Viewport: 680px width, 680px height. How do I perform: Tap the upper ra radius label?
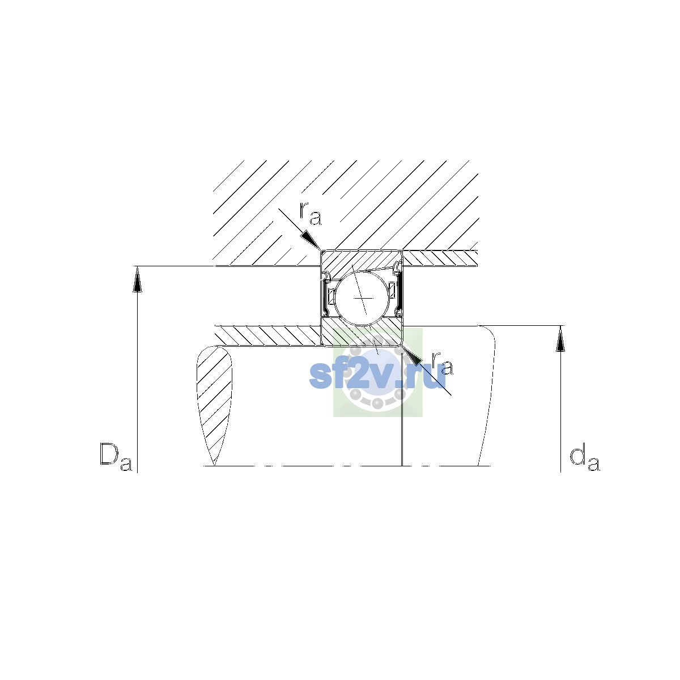tap(311, 214)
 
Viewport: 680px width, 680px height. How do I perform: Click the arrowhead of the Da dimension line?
tap(137, 279)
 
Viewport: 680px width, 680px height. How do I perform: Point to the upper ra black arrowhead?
tap(311, 241)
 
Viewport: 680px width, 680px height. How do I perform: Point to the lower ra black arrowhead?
tap(411, 355)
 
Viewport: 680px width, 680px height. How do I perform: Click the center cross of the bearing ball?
tap(363, 298)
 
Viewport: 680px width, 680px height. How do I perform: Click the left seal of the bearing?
tap(325, 294)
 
